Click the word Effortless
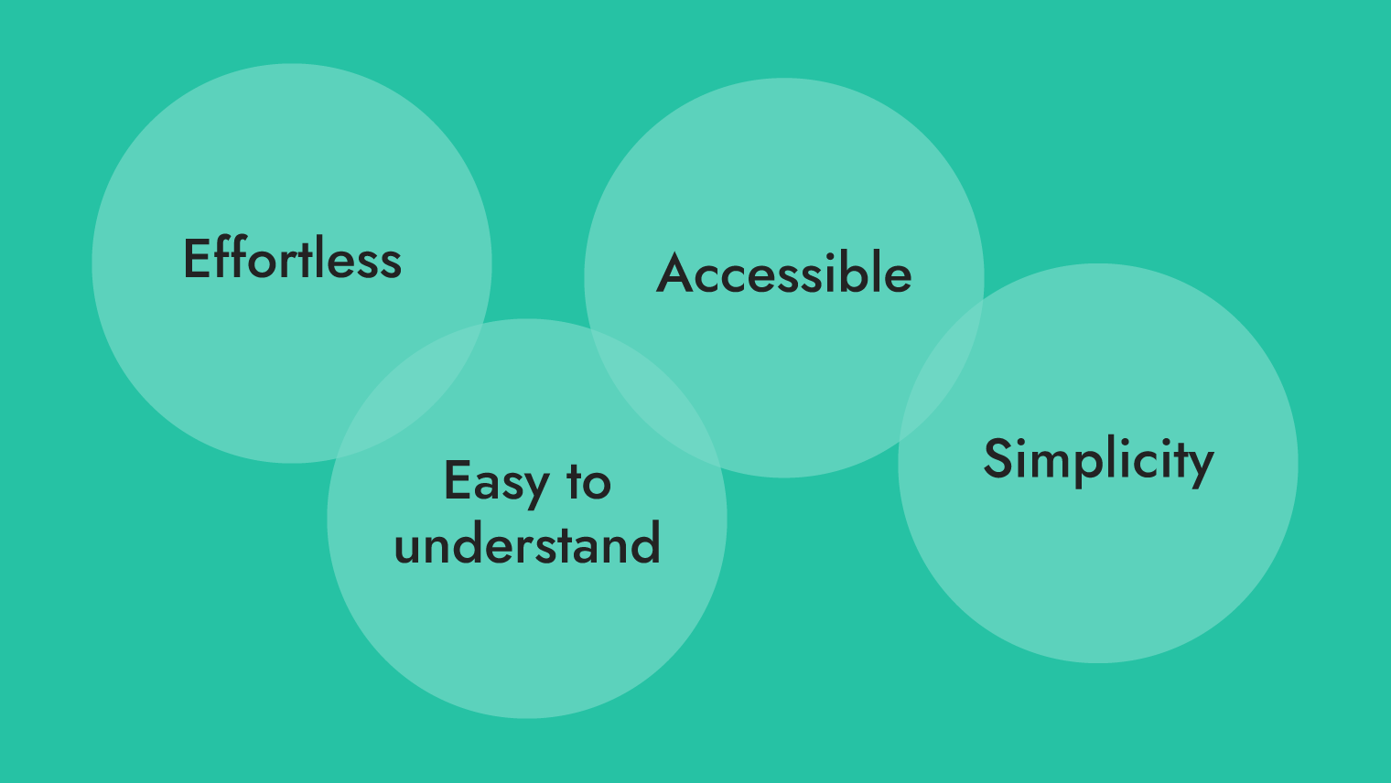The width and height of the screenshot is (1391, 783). tap(292, 258)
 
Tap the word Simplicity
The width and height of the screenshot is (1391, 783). tap(1098, 461)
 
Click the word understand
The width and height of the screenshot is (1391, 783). tap(527, 542)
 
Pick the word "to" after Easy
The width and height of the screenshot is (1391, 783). tap(588, 481)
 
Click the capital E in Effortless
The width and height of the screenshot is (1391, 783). tap(197, 258)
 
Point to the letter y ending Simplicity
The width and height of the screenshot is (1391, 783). tap(1200, 467)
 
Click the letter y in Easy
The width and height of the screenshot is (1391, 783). tap(535, 490)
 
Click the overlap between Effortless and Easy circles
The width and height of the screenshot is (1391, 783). tap(410, 391)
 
